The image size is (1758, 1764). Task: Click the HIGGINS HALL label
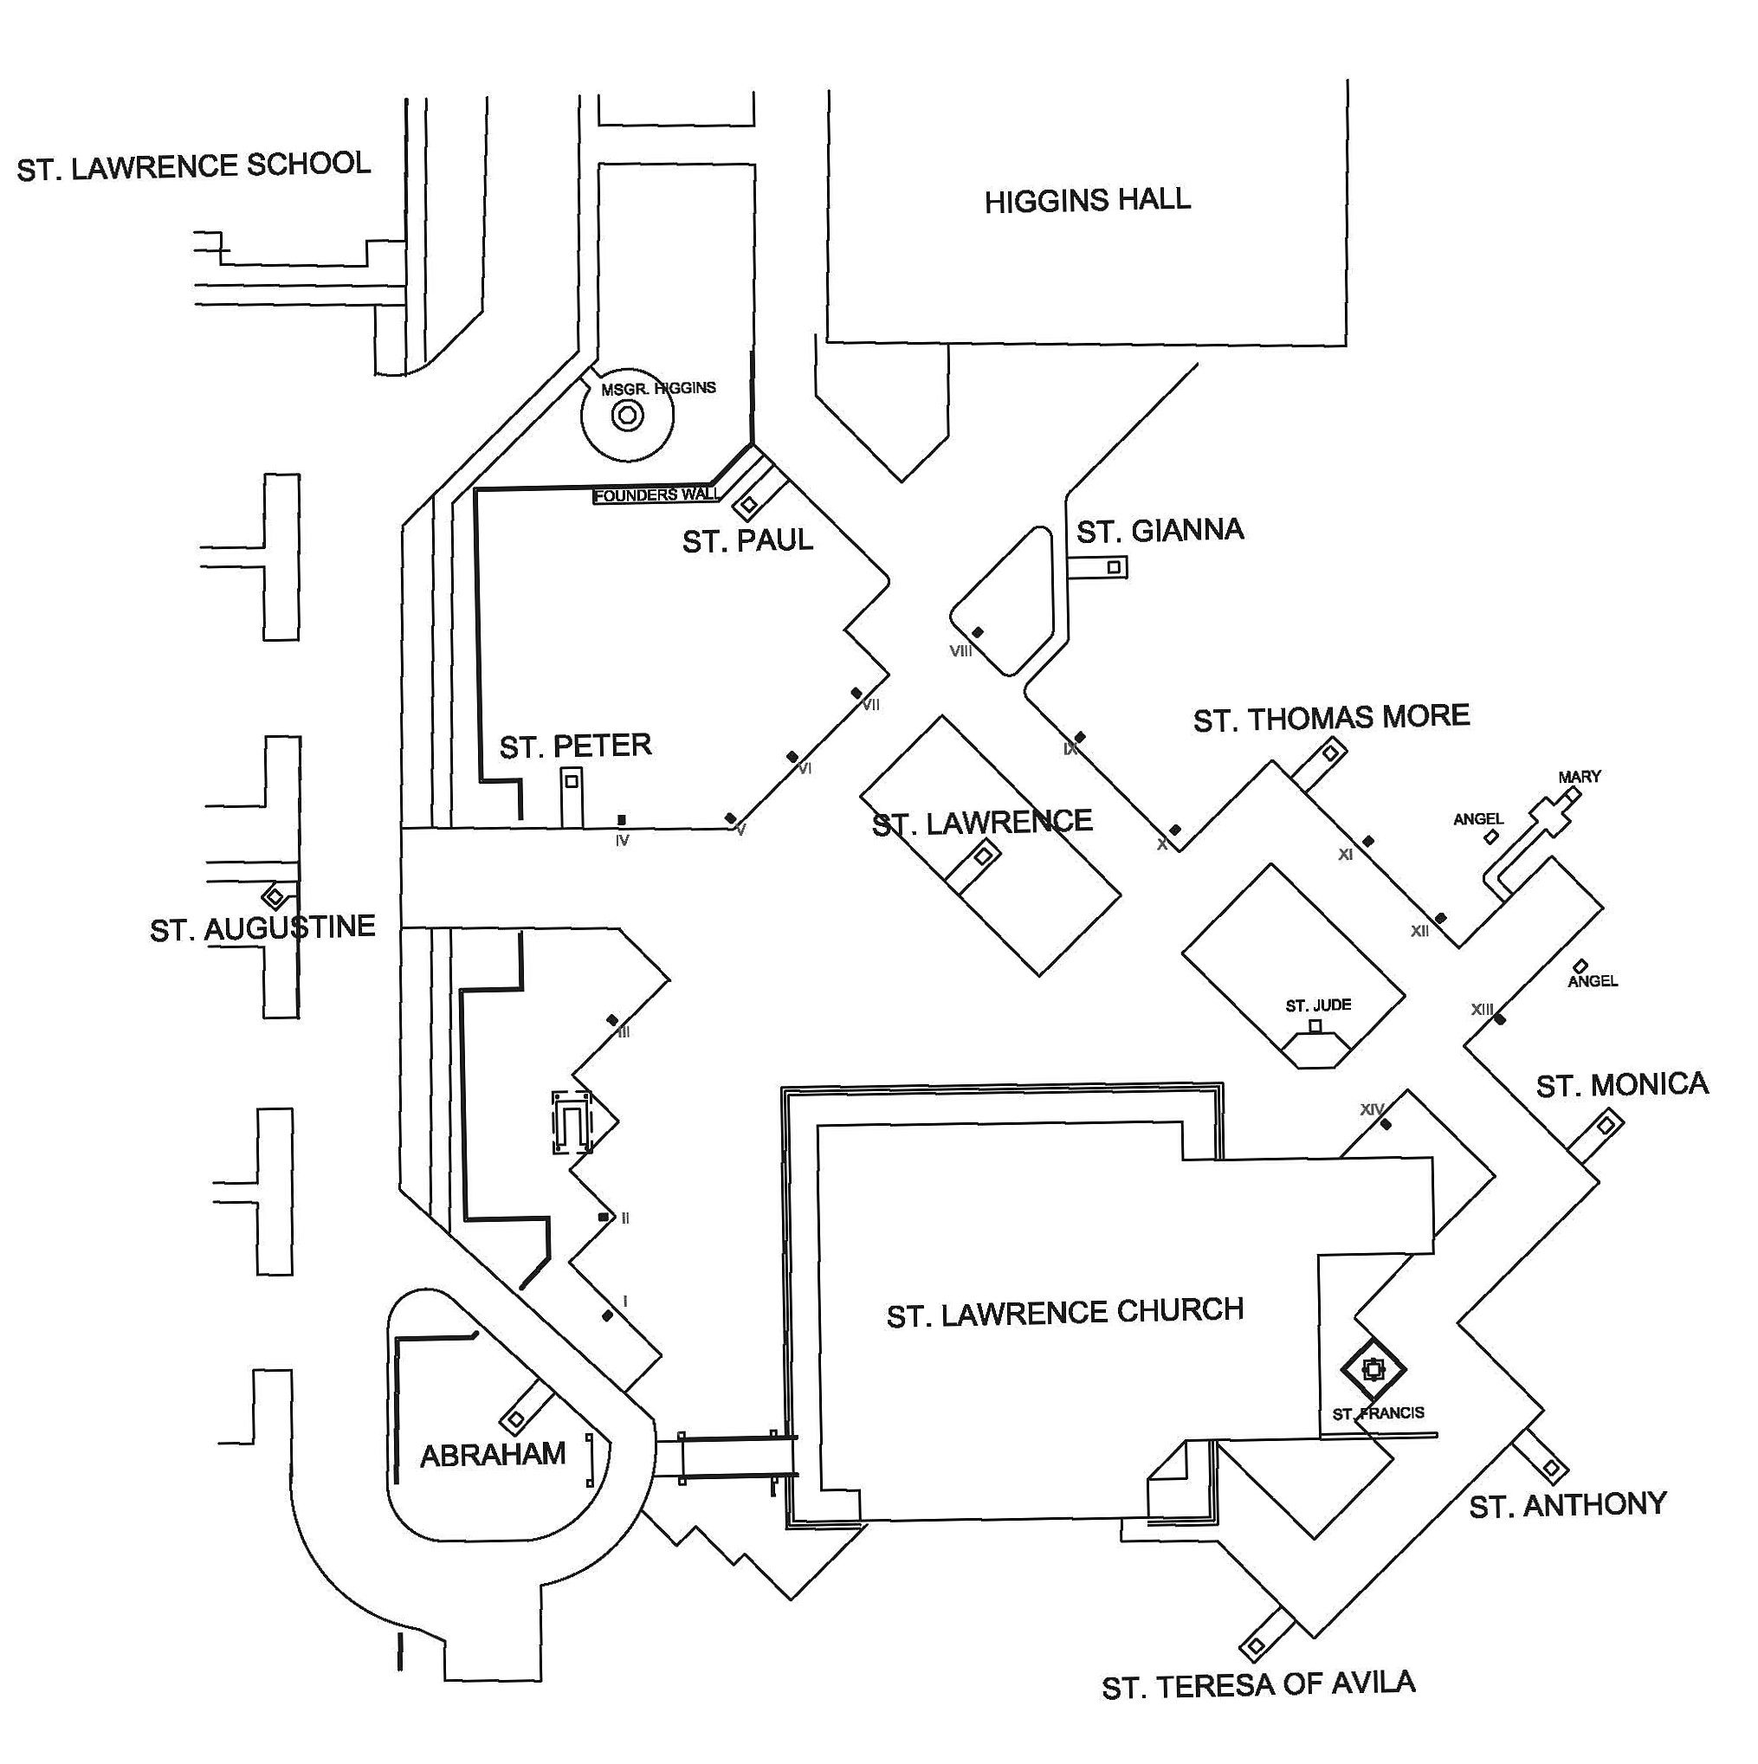click(x=1087, y=200)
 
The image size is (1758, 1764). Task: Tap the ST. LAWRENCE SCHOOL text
click(x=194, y=166)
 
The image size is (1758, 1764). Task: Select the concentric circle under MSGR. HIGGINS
click(x=627, y=417)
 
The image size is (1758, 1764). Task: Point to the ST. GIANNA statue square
click(x=1113, y=567)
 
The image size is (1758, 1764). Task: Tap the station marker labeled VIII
click(x=977, y=633)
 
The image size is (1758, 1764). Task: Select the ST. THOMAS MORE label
click(x=1330, y=719)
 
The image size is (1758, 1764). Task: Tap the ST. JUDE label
click(x=1318, y=1005)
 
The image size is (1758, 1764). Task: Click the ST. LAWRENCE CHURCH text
click(x=1065, y=1313)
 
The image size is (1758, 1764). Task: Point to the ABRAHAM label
click(x=492, y=1455)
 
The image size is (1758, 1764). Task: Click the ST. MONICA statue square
click(x=1606, y=1126)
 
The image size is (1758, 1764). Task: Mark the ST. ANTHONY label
click(x=1567, y=1505)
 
